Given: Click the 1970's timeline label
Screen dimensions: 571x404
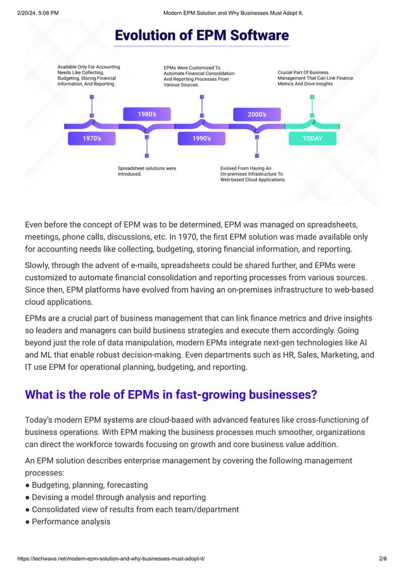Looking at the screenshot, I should point(92,138).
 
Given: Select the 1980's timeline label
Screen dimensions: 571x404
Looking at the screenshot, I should point(147,114).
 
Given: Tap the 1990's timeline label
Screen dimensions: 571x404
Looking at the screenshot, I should point(201,138).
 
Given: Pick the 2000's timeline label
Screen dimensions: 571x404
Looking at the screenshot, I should point(256,114).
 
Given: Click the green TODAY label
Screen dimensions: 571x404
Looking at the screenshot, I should point(312,138).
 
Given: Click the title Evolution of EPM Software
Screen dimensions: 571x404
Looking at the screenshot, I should point(201,35).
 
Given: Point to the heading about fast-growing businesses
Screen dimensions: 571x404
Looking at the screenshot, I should point(171,395).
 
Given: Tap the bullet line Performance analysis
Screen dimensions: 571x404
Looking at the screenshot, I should point(71,522).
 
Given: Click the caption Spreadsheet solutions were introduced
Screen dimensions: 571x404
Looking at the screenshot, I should point(147,171).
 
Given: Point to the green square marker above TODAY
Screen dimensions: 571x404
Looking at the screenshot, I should point(312,97).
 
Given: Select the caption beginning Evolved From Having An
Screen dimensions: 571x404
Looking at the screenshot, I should point(253,174).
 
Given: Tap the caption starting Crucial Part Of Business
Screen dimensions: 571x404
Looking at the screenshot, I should point(315,78).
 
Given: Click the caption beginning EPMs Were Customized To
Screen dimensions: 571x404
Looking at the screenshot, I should point(199,76).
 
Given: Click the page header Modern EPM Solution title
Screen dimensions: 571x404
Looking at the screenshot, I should point(233,13).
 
